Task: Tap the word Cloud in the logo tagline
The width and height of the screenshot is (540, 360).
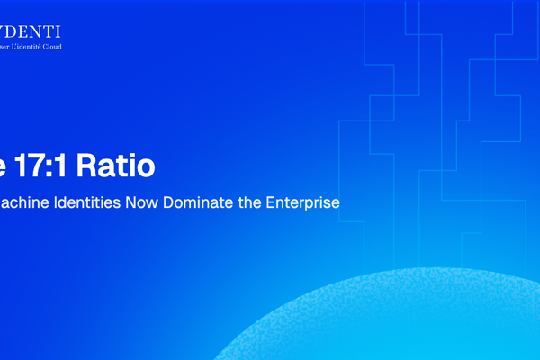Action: click(x=75, y=46)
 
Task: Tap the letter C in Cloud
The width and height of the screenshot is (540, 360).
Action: click(x=66, y=46)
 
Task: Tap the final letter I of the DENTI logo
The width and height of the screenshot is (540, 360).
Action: click(x=58, y=31)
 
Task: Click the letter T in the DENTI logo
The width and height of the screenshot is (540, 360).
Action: click(x=48, y=31)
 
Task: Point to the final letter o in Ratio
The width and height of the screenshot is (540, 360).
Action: click(x=146, y=167)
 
